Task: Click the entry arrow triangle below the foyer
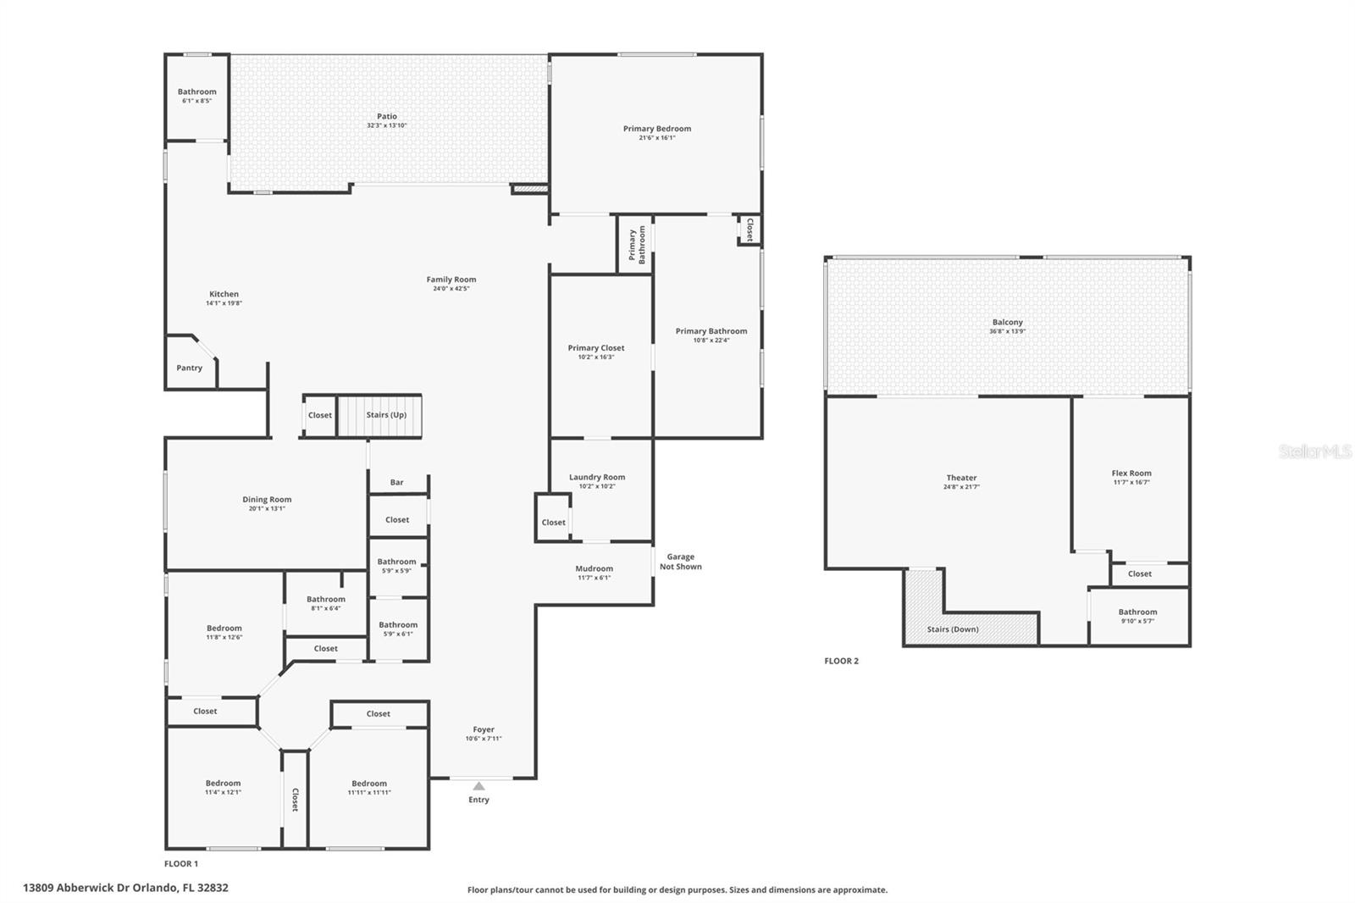click(x=478, y=786)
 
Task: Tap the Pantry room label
click(x=190, y=368)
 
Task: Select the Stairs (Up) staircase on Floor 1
click(x=379, y=415)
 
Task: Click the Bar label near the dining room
click(x=397, y=482)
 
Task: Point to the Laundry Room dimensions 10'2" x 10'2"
click(x=597, y=486)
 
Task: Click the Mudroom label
click(x=594, y=568)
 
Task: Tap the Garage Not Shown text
click(x=681, y=562)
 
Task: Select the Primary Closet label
click(x=596, y=348)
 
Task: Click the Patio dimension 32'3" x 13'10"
click(x=387, y=126)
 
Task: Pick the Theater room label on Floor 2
click(x=961, y=478)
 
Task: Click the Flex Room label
click(x=1131, y=474)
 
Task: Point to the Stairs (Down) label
click(x=953, y=629)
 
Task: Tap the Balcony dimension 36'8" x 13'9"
click(x=1007, y=332)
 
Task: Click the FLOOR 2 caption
click(x=842, y=661)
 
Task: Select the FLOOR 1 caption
click(x=181, y=864)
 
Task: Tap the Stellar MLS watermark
click(x=1314, y=451)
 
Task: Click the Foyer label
click(x=484, y=729)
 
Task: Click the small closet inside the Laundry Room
click(x=553, y=518)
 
